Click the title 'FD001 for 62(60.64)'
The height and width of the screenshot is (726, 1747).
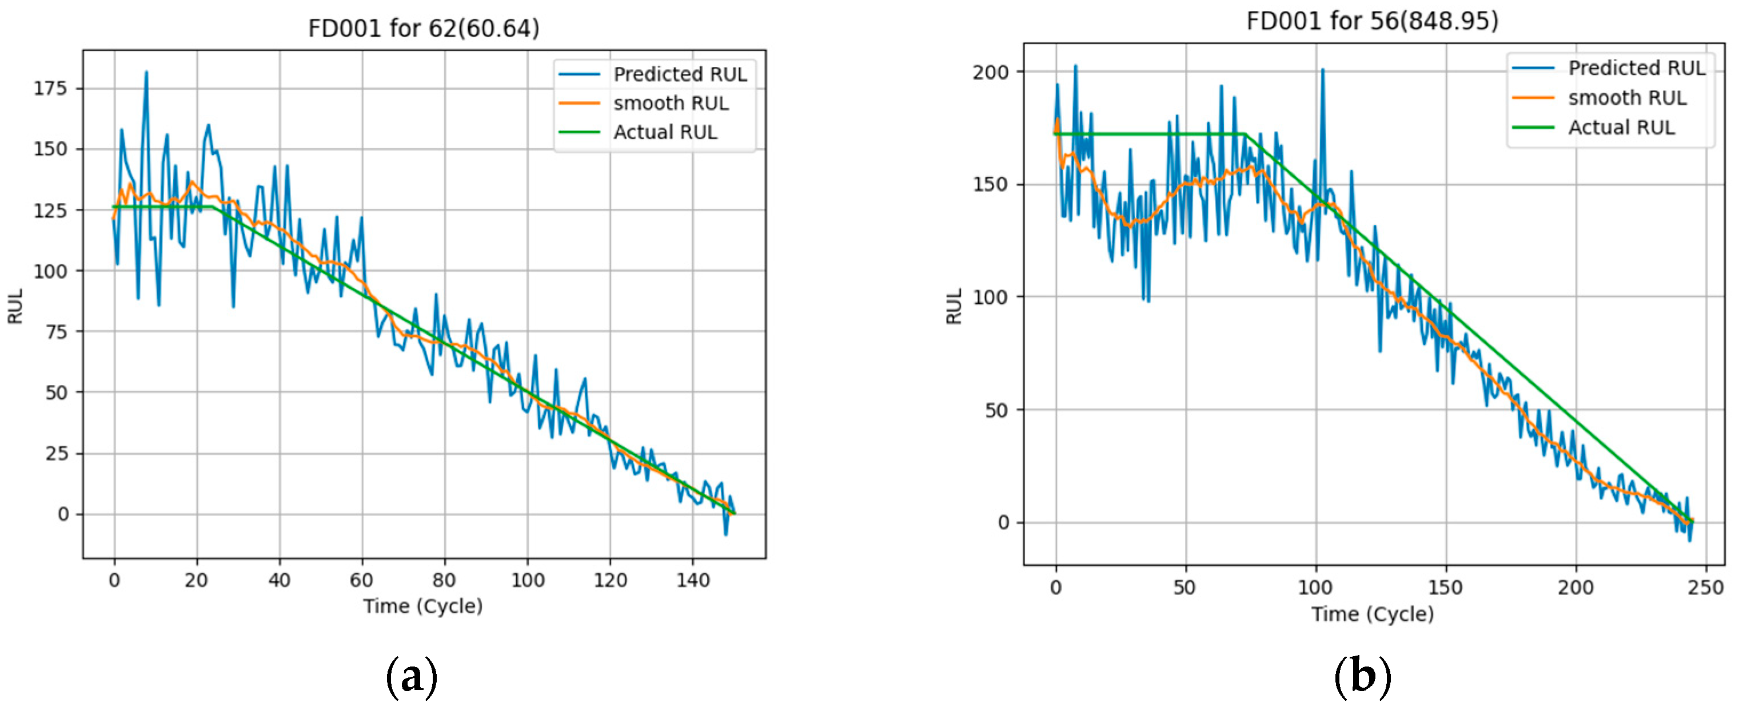(x=423, y=29)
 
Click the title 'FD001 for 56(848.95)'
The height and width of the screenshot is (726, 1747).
(x=1372, y=21)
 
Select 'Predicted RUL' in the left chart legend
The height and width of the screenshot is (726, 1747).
(x=680, y=74)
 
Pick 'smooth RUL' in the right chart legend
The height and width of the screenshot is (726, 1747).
(x=1627, y=98)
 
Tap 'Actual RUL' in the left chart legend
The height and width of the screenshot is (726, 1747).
(x=665, y=132)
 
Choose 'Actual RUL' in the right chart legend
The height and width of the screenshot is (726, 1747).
(x=1621, y=128)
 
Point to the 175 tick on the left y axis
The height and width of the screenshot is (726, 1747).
(x=50, y=88)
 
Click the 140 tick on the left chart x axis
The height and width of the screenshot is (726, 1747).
(x=692, y=580)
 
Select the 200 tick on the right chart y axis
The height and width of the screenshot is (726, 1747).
(x=990, y=72)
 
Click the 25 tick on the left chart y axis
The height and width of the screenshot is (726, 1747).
(x=57, y=453)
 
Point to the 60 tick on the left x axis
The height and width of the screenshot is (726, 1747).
(x=361, y=580)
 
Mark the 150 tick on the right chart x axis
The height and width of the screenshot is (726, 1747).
(x=1445, y=588)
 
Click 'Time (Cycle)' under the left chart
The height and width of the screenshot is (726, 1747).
(x=422, y=606)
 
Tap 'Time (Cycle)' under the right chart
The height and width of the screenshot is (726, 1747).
(x=1372, y=614)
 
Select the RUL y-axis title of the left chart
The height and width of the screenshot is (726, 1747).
(x=15, y=306)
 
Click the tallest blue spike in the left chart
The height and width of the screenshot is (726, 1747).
(x=146, y=73)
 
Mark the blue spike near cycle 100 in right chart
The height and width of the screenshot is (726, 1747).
(x=1322, y=70)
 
